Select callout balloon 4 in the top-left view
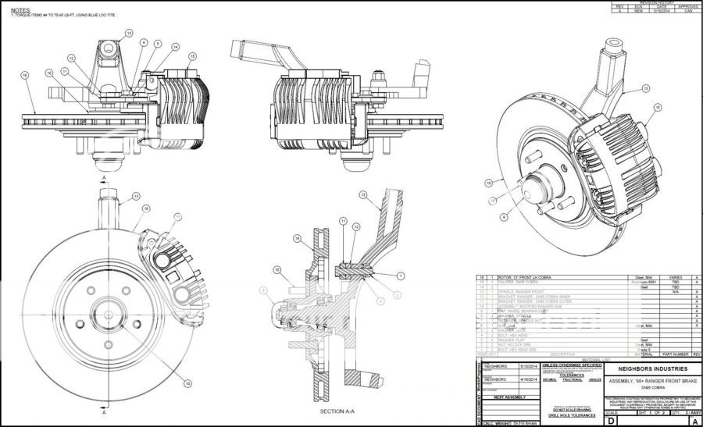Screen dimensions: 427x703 click(144, 42)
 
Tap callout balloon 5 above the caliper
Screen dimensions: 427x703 click(158, 44)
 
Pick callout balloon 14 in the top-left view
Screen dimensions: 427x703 click(175, 48)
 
